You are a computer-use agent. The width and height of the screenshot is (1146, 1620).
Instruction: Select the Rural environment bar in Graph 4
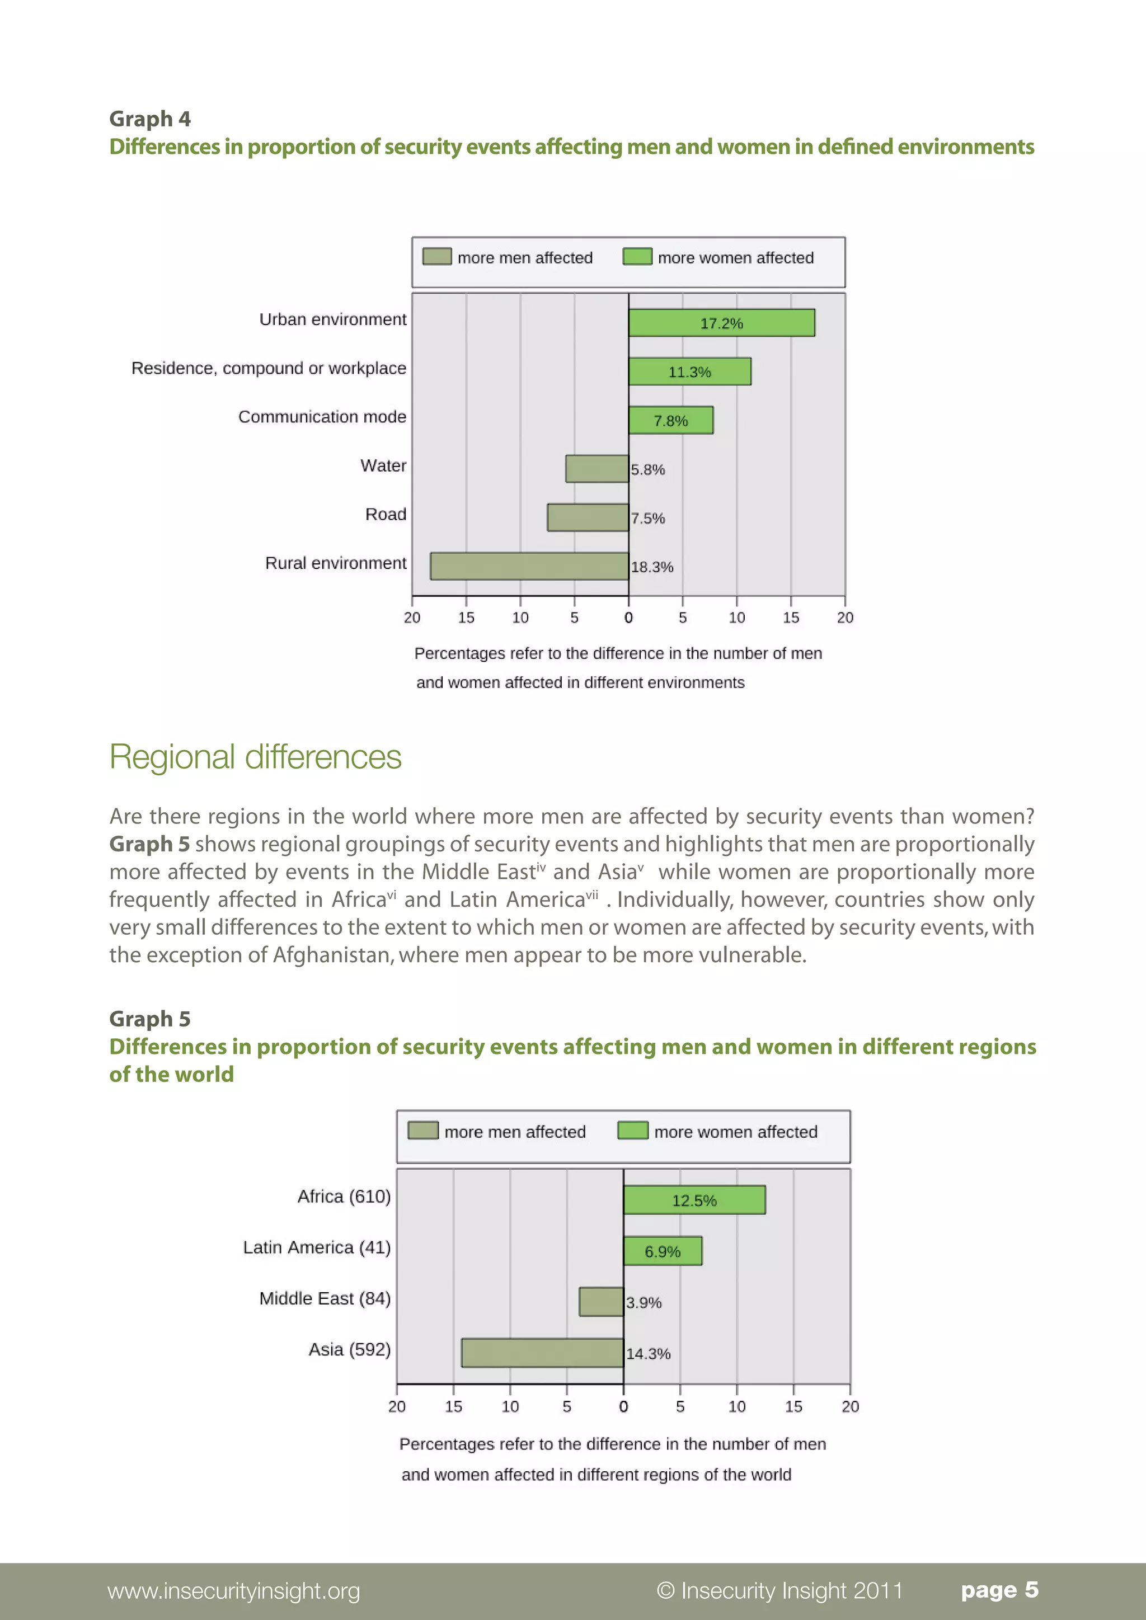click(529, 566)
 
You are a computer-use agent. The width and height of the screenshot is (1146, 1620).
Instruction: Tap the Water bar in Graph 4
click(597, 469)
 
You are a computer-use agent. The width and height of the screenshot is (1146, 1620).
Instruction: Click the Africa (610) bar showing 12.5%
click(694, 1199)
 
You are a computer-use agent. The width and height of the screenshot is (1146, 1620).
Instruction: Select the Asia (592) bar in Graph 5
click(542, 1353)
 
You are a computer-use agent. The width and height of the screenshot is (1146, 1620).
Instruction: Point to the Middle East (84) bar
click(601, 1302)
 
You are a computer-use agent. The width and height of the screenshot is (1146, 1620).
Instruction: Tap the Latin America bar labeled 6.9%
click(663, 1251)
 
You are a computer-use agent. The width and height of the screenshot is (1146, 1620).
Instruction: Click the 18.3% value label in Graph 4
click(652, 567)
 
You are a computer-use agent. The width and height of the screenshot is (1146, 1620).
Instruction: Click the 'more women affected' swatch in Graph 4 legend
click(637, 257)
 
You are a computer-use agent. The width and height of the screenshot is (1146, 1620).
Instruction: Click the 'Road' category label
click(386, 515)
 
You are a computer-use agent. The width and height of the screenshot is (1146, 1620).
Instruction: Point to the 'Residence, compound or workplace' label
click(269, 368)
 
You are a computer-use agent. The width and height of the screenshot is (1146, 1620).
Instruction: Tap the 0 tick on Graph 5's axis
click(623, 1406)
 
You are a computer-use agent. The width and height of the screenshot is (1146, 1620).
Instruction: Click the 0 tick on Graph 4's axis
click(628, 618)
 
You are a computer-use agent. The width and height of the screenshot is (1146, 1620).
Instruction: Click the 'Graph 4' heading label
click(149, 119)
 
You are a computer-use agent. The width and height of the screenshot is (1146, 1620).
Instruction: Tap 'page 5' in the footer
click(999, 1590)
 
